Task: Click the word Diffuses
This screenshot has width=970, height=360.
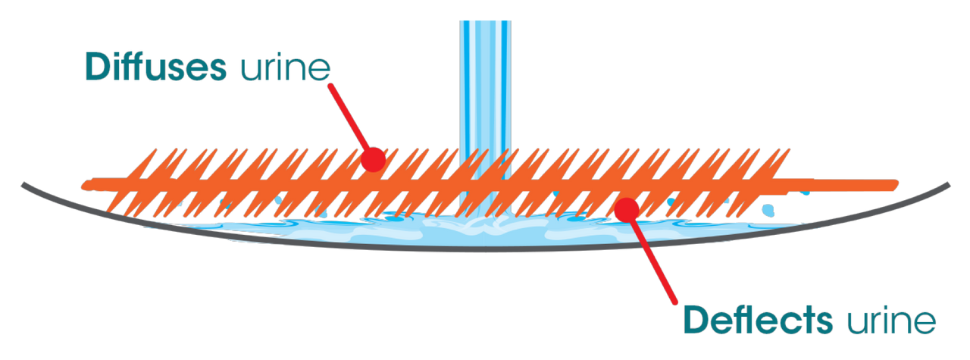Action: tap(156, 68)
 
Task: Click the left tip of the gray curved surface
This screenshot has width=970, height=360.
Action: tap(24, 183)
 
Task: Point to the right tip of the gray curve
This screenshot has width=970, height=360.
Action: tap(947, 183)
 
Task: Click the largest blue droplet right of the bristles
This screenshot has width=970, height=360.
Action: tap(770, 208)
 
